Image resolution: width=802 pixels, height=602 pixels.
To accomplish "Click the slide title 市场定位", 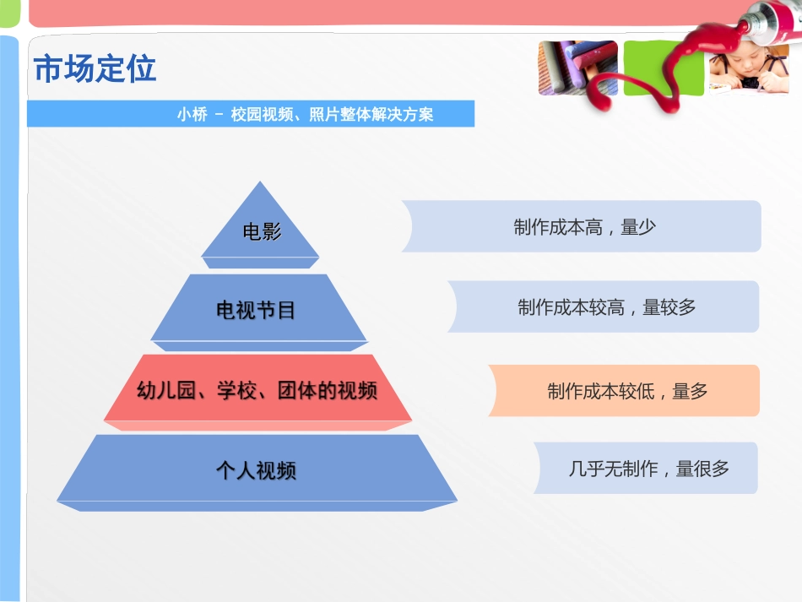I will [x=95, y=69].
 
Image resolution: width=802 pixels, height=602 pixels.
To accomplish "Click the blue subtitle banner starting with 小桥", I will [x=251, y=114].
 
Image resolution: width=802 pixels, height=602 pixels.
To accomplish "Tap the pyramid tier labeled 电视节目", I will [x=257, y=310].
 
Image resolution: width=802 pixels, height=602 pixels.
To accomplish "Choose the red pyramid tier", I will [x=257, y=390].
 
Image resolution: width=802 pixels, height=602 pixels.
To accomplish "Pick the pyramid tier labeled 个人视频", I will [x=257, y=470].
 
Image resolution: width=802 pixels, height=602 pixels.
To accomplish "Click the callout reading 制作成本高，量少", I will [x=583, y=226].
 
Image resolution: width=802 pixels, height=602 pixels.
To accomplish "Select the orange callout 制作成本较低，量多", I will [x=626, y=391].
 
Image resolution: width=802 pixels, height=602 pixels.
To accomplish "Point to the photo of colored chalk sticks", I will [x=577, y=68].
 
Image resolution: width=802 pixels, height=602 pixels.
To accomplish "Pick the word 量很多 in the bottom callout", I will [x=702, y=469].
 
